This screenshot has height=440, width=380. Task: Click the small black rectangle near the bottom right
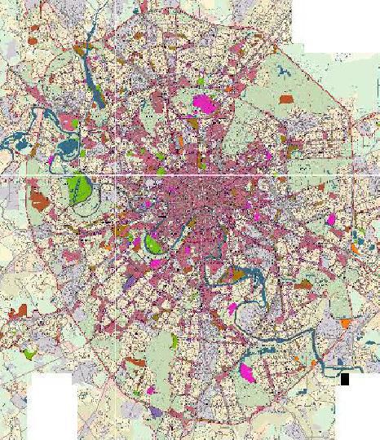point(345,379)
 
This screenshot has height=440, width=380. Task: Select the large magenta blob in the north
point(203,103)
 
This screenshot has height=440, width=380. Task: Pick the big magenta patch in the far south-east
point(246,373)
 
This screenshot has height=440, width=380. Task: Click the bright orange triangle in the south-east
point(346,323)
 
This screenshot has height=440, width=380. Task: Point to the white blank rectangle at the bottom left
point(52,407)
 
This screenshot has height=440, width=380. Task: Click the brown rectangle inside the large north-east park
point(286,99)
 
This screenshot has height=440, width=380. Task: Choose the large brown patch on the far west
point(36,198)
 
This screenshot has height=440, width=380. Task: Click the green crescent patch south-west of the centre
point(152,243)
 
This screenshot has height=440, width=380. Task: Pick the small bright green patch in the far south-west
point(30,354)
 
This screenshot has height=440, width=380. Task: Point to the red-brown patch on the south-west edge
point(18,311)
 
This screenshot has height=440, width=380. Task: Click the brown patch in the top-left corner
point(33,38)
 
